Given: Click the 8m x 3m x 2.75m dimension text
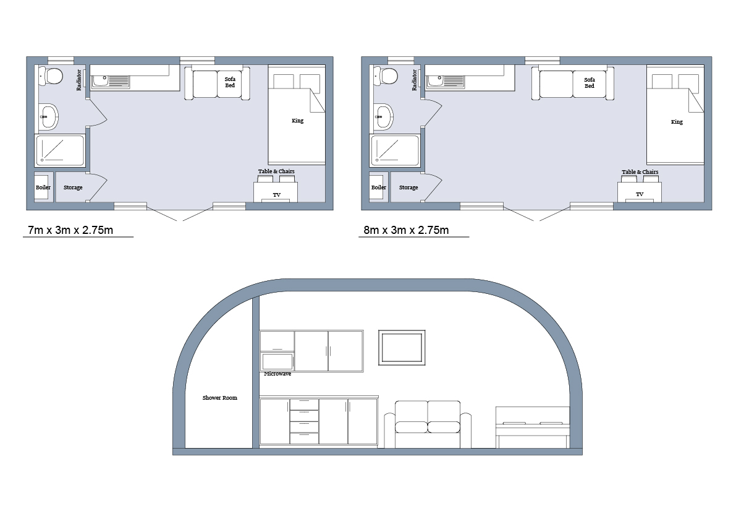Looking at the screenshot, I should pos(414,231).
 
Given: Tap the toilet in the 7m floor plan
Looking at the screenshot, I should pos(52,76).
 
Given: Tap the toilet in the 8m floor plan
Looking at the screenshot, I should pos(387,76).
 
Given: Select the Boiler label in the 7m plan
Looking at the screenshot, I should pos(43,187).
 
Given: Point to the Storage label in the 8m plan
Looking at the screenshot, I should pos(408,187).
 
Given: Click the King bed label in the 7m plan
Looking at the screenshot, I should pos(298,121).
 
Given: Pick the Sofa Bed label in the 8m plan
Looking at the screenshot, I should pos(590,82).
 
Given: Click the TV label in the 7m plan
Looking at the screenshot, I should pos(277,195).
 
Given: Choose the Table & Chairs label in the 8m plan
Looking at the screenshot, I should pos(640,172).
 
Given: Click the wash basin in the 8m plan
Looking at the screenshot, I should pos(384,116).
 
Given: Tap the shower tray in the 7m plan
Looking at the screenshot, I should pos(60,150).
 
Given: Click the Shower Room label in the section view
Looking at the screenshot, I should pos(220,398).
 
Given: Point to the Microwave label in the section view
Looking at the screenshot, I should pos(277,374).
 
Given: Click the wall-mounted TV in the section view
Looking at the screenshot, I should pos(402,347).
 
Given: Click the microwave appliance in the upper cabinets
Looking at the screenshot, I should pos(277,361).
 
